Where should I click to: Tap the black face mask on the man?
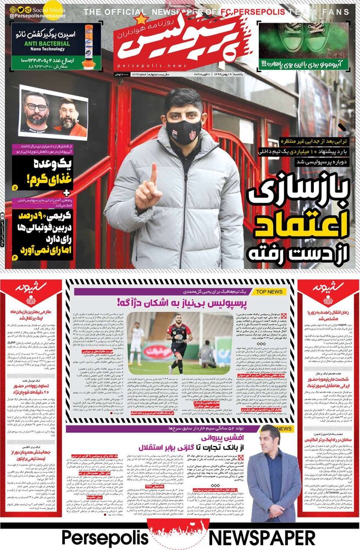click(184, 130)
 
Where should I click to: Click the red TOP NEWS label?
click(269, 291)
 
